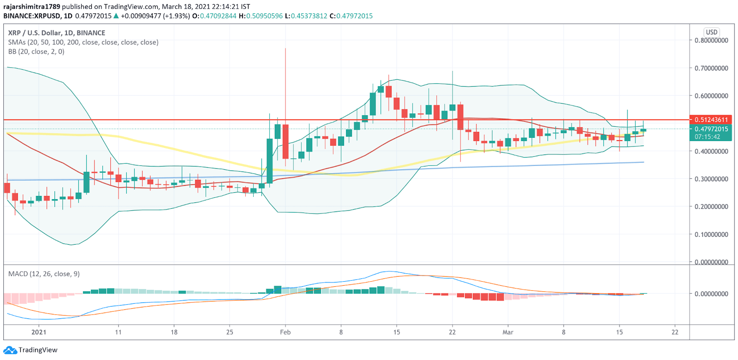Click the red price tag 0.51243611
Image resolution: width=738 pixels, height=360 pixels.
(711, 120)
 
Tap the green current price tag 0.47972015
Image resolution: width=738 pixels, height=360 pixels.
(711, 129)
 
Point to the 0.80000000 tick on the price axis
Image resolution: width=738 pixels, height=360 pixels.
(711, 41)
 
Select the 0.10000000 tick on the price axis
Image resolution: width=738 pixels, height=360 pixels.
(711, 235)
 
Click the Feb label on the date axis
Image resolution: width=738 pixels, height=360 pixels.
(285, 332)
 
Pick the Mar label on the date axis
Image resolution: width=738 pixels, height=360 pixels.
(508, 332)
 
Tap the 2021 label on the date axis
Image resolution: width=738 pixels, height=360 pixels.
(39, 332)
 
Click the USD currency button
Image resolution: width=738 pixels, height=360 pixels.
(712, 32)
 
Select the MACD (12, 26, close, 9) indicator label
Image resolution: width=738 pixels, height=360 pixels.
(44, 274)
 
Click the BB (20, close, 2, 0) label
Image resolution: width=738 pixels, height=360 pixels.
(36, 52)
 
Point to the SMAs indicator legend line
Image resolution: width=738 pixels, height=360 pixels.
(83, 42)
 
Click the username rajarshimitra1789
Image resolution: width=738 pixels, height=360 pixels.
(31, 6)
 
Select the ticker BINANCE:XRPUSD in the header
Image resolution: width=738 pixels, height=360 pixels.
(32, 16)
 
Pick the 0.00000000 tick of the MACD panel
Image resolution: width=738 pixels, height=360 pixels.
(711, 294)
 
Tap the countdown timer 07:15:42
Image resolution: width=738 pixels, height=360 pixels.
(708, 137)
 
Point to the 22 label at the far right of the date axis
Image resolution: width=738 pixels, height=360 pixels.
(675, 332)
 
